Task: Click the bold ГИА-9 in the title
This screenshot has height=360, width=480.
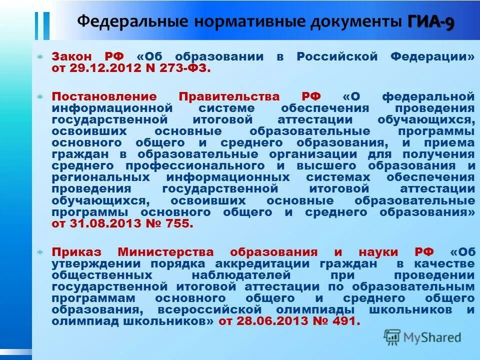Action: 431,22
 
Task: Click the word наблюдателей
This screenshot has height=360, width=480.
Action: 240,275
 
